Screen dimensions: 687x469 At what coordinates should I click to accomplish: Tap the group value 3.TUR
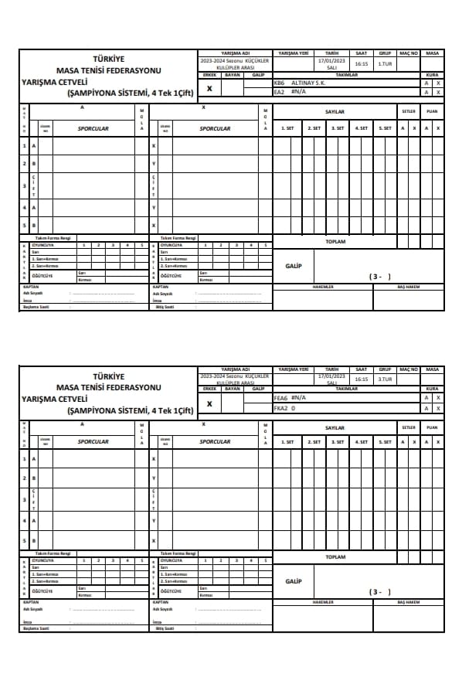point(384,379)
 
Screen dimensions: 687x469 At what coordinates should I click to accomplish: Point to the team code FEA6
point(280,397)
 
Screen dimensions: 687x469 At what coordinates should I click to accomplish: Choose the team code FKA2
point(280,408)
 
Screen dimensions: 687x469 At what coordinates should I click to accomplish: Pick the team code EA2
point(279,92)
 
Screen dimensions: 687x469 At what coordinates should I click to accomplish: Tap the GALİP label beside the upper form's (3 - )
point(293,265)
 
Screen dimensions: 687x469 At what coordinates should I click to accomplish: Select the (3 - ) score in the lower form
point(380,592)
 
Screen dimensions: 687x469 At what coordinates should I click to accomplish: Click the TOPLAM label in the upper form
point(335,241)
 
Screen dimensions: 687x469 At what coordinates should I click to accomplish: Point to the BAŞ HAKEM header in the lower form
point(408,602)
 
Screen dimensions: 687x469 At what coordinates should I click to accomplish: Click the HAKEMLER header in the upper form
point(322,286)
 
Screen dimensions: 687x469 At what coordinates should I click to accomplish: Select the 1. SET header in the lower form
point(287,442)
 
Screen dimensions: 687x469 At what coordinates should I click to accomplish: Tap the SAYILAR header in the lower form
point(335,427)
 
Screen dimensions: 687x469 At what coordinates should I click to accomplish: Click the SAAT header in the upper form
point(361,53)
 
